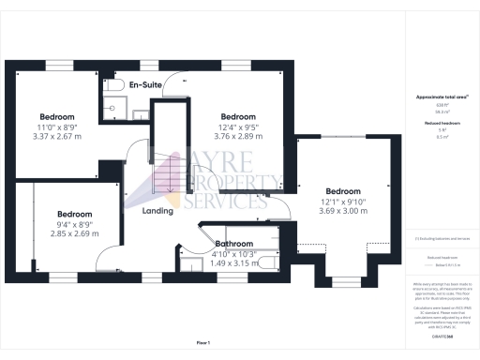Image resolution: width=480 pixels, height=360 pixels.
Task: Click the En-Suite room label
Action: [148, 86]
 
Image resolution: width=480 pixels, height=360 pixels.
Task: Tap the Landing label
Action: [157, 210]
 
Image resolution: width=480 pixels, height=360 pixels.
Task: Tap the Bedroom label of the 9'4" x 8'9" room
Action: [72, 213]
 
